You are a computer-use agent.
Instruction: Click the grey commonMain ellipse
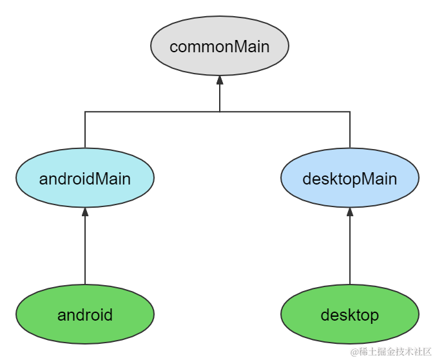(x=219, y=47)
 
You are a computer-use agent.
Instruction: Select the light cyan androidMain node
(x=85, y=179)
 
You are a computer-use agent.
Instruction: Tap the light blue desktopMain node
(x=350, y=179)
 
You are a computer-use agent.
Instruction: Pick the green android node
(x=85, y=315)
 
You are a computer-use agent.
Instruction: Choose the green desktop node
(x=350, y=315)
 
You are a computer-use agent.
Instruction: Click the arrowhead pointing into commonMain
(x=220, y=80)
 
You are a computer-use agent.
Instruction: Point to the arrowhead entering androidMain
(x=85, y=212)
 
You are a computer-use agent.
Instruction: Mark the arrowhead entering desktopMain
(x=350, y=212)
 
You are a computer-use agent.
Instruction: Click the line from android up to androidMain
(x=85, y=252)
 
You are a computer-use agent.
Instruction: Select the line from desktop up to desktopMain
(x=350, y=252)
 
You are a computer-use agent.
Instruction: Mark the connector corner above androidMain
(x=85, y=112)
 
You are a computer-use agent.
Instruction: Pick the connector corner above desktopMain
(x=350, y=112)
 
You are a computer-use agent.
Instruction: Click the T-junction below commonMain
(x=220, y=112)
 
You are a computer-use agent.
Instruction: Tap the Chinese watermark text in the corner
(x=389, y=350)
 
